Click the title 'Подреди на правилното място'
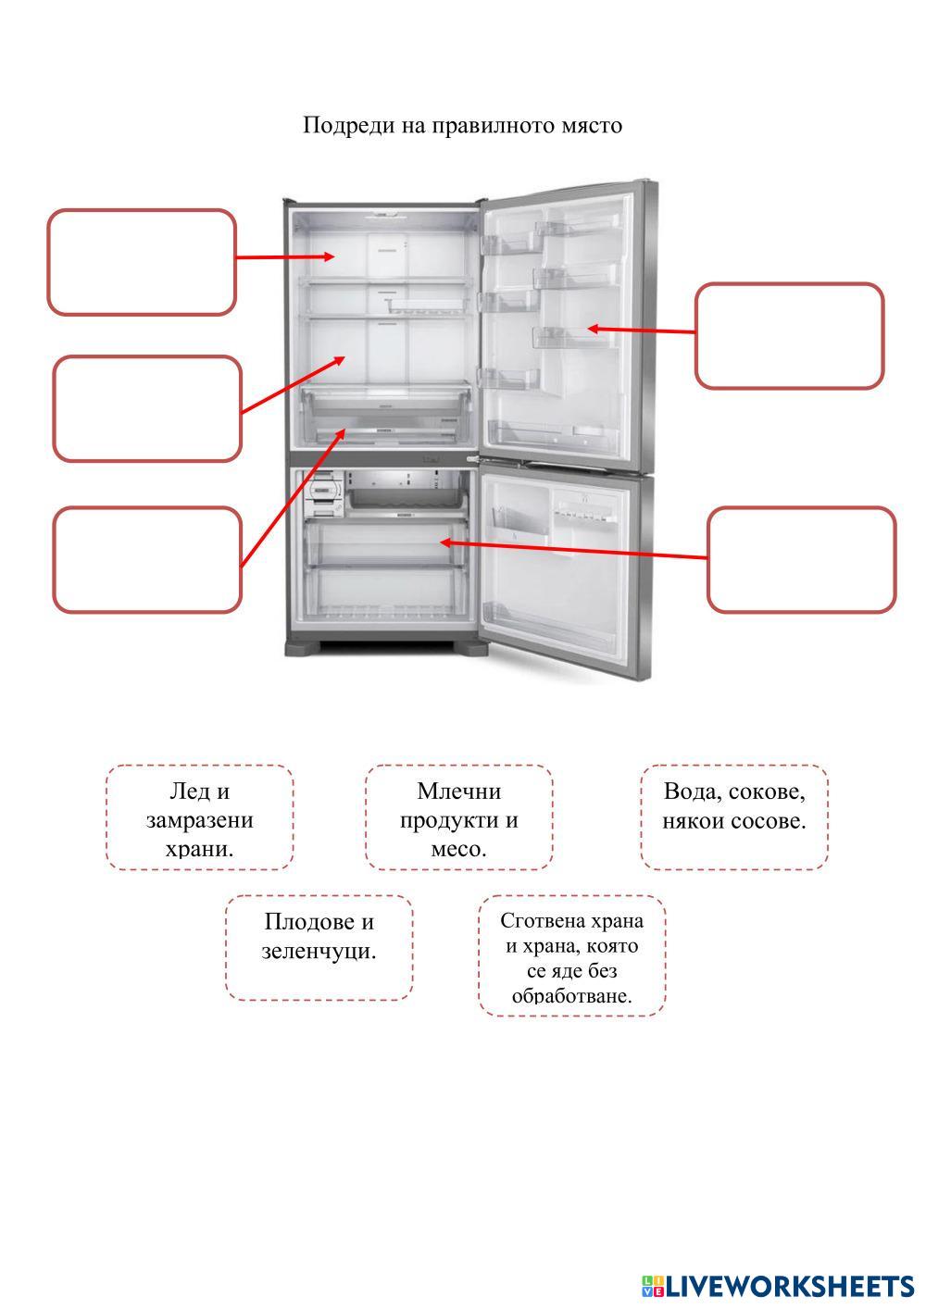pyautogui.click(x=462, y=125)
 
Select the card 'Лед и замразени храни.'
pyautogui.click(x=199, y=817)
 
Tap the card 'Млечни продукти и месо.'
pyautogui.click(x=458, y=817)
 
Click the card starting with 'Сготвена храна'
pyautogui.click(x=571, y=956)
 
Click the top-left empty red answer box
pyautogui.click(x=142, y=262)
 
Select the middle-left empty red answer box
pyautogui.click(x=147, y=408)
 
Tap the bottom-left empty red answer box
pyautogui.click(x=147, y=559)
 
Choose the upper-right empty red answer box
pyautogui.click(x=789, y=335)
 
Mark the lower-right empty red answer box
pyautogui.click(x=801, y=559)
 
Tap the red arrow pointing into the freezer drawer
pyautogui.click(x=574, y=550)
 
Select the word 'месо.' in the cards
pyautogui.click(x=458, y=848)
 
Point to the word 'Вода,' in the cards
pyautogui.click(x=692, y=792)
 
